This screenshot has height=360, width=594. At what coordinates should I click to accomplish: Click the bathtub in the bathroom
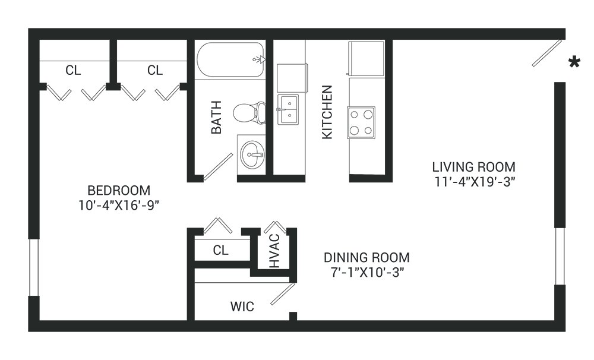230,59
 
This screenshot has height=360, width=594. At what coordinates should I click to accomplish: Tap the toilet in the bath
249,112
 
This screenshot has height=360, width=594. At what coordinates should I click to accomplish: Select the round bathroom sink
251,154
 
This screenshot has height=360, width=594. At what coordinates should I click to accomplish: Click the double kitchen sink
288,109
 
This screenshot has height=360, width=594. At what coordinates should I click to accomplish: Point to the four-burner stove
361,122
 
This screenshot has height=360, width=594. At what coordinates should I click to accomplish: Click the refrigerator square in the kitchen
366,58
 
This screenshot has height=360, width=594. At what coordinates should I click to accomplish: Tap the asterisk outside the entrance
574,62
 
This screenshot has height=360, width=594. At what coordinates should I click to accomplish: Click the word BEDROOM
119,190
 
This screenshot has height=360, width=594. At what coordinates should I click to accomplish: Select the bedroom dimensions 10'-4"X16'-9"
119,206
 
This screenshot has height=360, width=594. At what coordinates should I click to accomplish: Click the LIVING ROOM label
473,167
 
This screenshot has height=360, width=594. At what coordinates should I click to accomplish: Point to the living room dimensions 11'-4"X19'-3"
474,182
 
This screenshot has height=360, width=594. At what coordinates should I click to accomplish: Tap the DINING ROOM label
366,258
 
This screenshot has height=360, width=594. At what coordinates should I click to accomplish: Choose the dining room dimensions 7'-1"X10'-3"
366,273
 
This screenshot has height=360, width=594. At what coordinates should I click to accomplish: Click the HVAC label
274,251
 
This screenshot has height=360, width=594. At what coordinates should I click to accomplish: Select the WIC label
242,306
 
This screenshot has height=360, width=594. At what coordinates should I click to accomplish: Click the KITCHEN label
327,112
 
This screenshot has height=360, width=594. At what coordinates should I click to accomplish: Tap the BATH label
216,117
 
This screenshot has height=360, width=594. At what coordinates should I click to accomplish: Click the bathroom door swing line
218,167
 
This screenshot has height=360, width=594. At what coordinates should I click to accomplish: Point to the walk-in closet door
283,294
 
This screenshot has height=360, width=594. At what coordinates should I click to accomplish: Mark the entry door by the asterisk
546,53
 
